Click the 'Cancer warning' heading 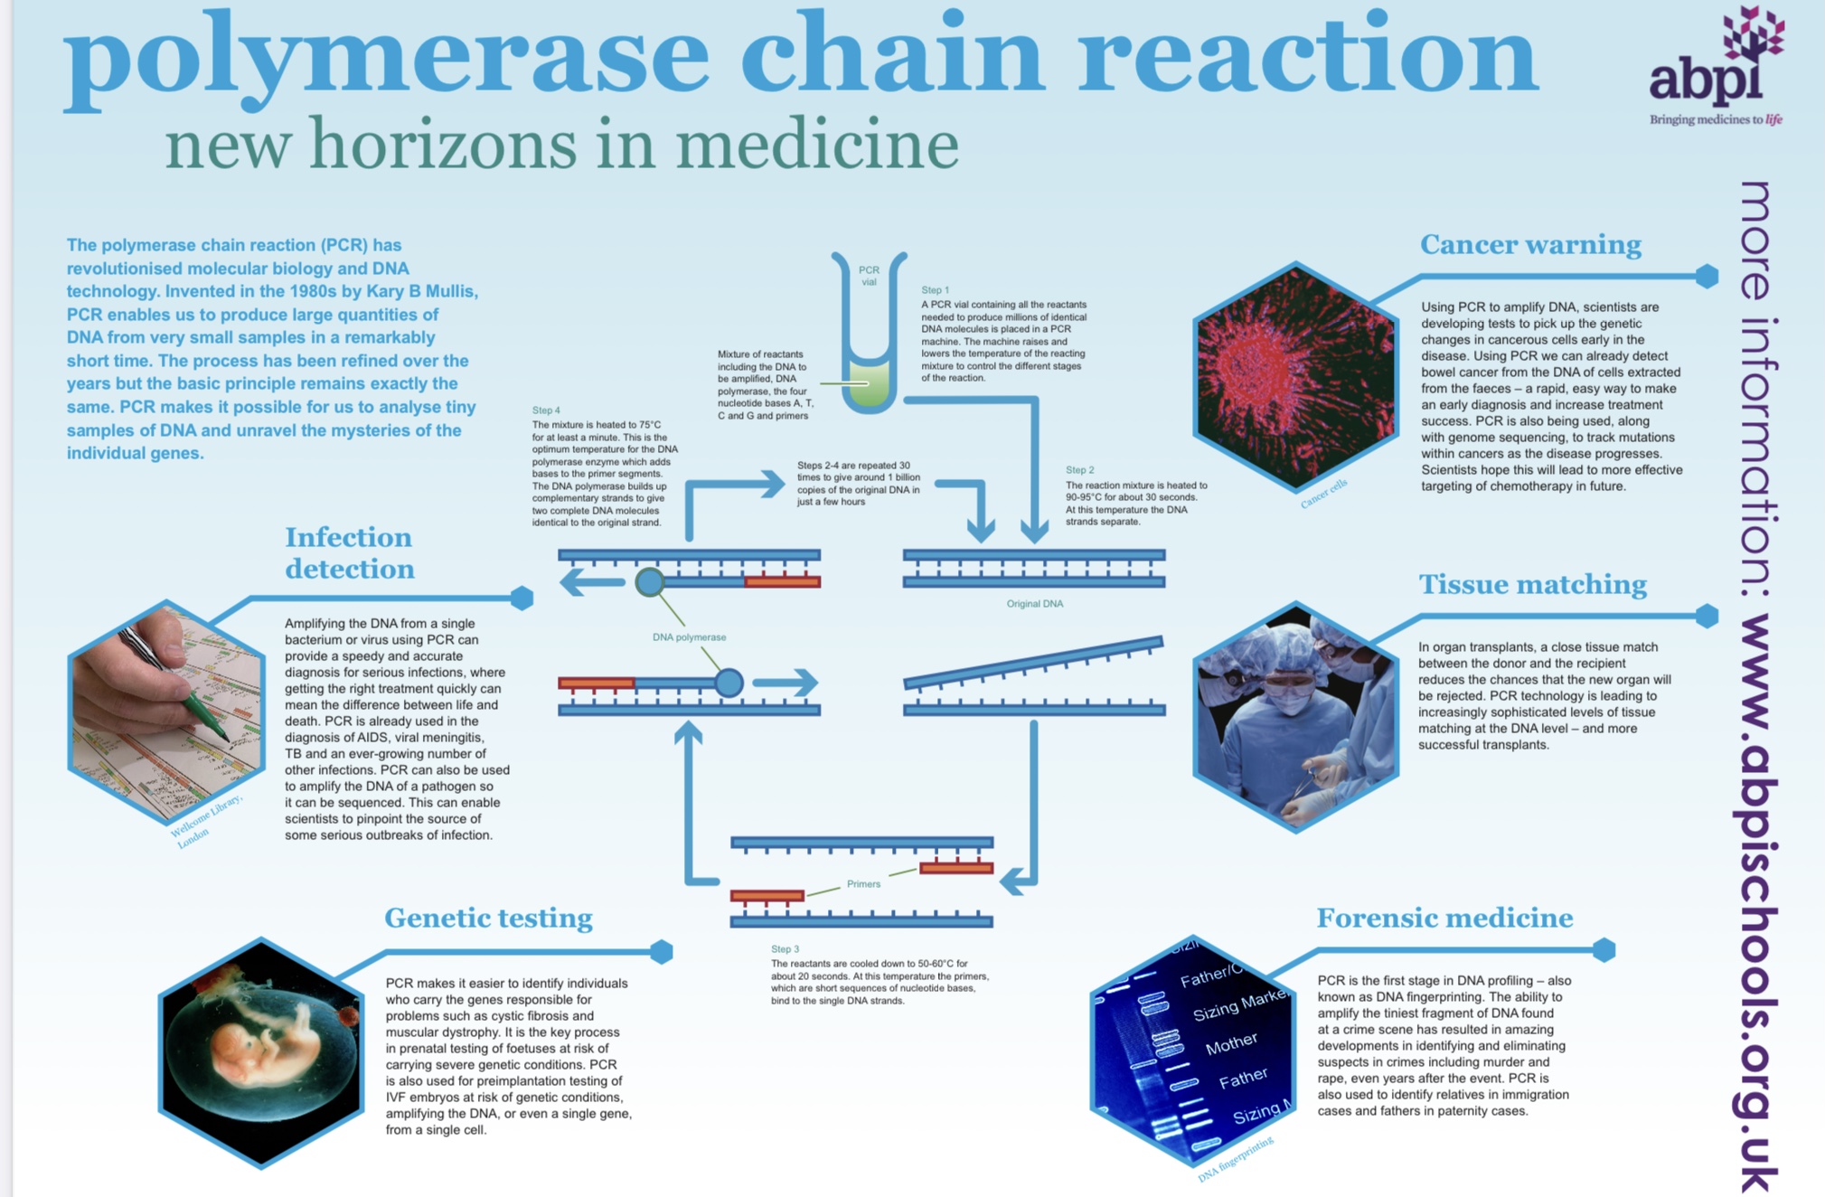1529,245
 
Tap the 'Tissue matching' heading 1532,585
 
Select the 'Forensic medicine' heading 1444,919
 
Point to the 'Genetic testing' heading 488,919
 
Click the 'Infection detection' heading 349,553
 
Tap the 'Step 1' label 935,290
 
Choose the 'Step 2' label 1079,470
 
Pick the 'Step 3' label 785,949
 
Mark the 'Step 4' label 546,410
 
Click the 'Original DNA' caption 1034,604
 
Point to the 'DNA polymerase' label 689,637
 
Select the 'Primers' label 863,884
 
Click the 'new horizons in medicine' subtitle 560,145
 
